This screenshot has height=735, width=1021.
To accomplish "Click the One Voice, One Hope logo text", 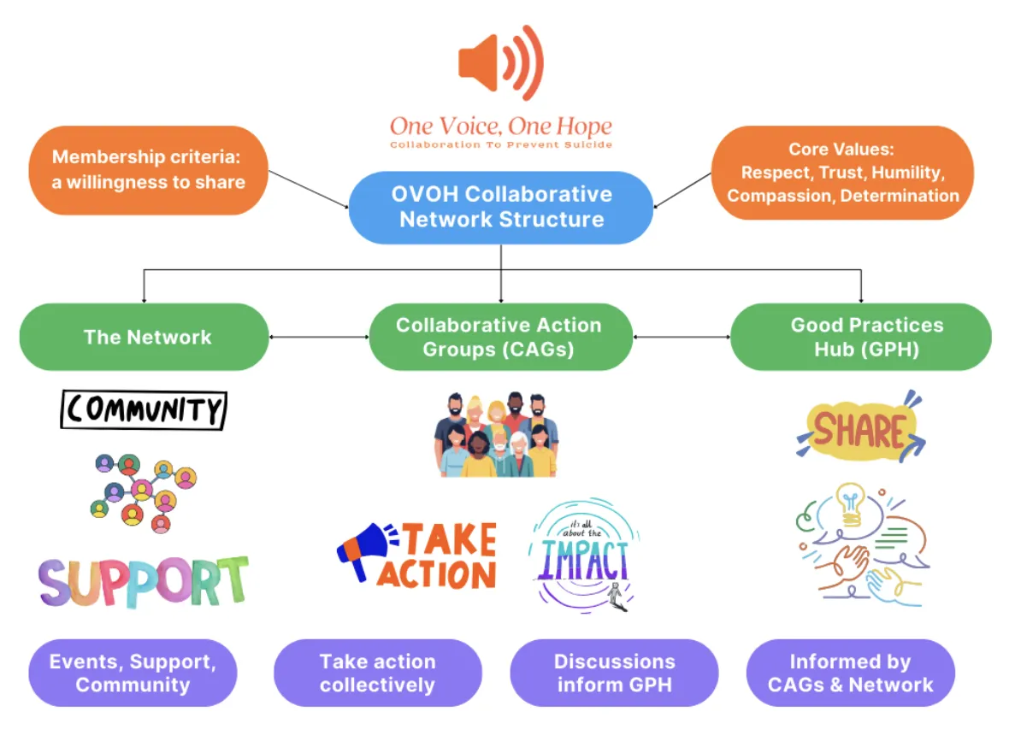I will (x=501, y=128).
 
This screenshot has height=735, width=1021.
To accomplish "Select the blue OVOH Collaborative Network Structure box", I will (x=501, y=207).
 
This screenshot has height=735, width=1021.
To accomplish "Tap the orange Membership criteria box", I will (x=149, y=169).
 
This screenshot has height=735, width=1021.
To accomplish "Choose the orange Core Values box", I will (x=842, y=172).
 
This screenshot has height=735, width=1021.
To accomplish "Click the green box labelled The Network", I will (x=145, y=337).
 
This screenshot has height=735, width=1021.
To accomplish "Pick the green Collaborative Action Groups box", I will (x=500, y=337).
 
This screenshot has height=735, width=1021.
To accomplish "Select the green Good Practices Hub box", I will (x=860, y=337).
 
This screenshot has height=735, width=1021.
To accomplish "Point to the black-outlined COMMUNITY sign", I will (x=144, y=410).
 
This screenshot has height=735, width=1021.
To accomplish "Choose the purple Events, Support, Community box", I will (x=133, y=673).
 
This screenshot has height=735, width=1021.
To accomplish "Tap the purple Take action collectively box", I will (x=377, y=673).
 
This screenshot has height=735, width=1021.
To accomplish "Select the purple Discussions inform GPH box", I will (x=614, y=673).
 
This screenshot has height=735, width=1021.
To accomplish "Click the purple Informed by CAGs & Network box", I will (x=850, y=673).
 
